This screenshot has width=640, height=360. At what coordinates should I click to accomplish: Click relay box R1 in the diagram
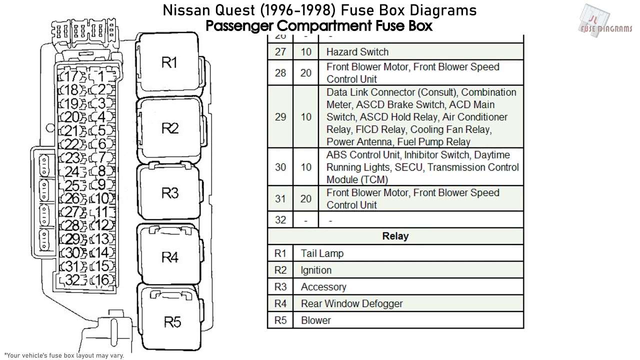click(169, 62)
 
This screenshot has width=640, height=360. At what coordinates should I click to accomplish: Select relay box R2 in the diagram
click(169, 128)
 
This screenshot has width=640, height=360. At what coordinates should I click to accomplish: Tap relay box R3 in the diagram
click(169, 192)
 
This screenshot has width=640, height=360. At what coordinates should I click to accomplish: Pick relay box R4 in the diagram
click(169, 257)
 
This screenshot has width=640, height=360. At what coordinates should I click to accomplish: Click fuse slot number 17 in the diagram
click(72, 77)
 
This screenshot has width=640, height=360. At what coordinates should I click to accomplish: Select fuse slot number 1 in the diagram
click(101, 77)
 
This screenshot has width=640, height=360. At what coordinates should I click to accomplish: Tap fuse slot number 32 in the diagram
click(72, 280)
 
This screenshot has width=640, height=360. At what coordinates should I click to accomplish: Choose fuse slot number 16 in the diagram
click(101, 280)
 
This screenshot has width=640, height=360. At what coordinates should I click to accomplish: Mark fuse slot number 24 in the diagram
click(72, 172)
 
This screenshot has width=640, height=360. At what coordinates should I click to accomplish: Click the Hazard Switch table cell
click(357, 51)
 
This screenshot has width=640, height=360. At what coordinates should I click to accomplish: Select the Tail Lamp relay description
click(322, 253)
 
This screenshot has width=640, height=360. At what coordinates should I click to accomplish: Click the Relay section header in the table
click(395, 236)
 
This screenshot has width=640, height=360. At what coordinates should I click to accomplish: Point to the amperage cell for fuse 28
click(305, 73)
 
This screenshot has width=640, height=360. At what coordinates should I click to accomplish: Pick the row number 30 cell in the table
click(280, 167)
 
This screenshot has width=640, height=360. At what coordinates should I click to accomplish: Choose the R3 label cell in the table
click(280, 287)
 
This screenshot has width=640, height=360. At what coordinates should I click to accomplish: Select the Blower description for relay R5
click(315, 320)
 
